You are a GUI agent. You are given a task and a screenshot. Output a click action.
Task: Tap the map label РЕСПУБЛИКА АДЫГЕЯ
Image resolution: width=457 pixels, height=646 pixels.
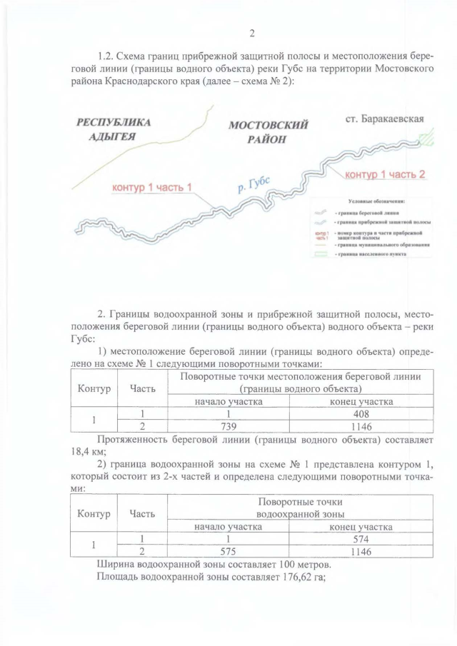coord(114,129)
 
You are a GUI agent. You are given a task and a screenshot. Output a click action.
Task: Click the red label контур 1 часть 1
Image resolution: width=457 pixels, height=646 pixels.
coord(154,187)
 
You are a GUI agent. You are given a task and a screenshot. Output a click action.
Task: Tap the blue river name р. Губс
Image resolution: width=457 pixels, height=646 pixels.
coord(253,184)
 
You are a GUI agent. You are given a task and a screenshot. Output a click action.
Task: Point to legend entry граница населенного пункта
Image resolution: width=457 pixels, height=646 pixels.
coord(375,254)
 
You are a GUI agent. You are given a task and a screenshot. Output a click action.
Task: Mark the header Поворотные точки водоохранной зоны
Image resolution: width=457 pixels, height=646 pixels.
coord(301,508)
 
